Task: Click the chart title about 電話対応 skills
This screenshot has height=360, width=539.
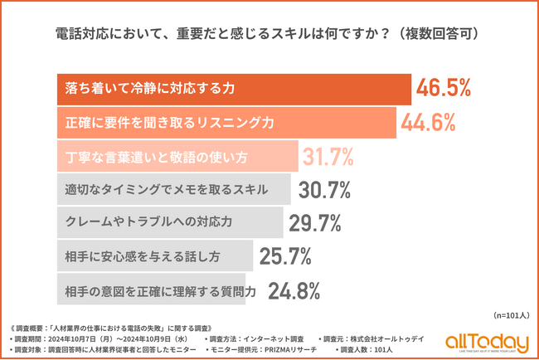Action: pyautogui.click(x=269, y=36)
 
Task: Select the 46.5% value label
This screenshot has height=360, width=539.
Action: pyautogui.click(x=444, y=88)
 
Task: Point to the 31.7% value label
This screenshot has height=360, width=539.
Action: pyautogui.click(x=327, y=156)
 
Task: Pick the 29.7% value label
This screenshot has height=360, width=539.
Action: pyautogui.click(x=314, y=223)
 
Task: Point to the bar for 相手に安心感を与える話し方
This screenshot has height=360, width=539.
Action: pyautogui.click(x=154, y=257)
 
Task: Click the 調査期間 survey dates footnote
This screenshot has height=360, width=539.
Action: pyautogui.click(x=100, y=339)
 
